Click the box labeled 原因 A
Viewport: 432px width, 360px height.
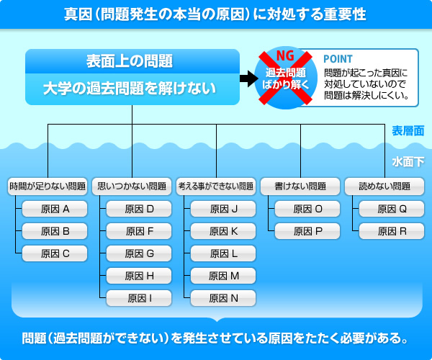[x=55, y=209]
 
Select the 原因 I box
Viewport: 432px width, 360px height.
[x=139, y=298]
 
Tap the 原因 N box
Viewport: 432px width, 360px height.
[x=223, y=298]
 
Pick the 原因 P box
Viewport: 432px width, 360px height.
[x=307, y=231]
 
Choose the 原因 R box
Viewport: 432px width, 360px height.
[x=392, y=231]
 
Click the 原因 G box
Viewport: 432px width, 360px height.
[x=139, y=253]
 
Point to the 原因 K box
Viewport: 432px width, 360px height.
[x=223, y=231]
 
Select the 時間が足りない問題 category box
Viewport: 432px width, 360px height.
[x=48, y=186]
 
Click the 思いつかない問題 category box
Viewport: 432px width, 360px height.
[x=132, y=186]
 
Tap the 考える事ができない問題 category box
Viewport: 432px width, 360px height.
[x=216, y=186]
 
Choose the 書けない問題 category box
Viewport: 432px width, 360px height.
[x=300, y=186]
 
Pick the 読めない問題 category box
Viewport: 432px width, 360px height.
[x=384, y=186]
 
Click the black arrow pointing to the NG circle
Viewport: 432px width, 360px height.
[x=249, y=78]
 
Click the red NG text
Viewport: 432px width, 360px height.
[x=285, y=56]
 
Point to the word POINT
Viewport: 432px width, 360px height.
[x=338, y=59]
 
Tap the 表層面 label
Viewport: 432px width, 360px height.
[x=408, y=131]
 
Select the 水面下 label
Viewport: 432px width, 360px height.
[x=408, y=162]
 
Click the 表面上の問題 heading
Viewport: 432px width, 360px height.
[x=130, y=61]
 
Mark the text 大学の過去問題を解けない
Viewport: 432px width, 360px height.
[x=130, y=89]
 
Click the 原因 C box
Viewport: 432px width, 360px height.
[x=55, y=253]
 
